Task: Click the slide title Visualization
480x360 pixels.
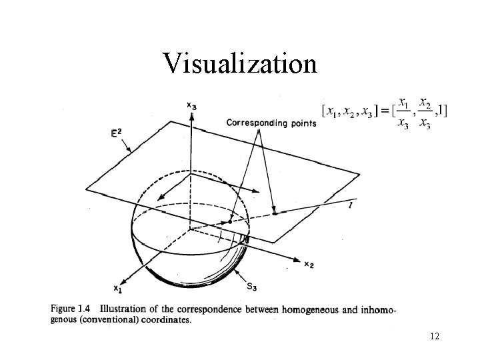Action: (x=240, y=64)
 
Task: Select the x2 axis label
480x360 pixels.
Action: (x=309, y=265)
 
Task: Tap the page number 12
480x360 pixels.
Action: (x=434, y=337)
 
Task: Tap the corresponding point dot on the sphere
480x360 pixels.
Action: (x=230, y=221)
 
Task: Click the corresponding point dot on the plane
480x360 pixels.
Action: (x=274, y=213)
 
